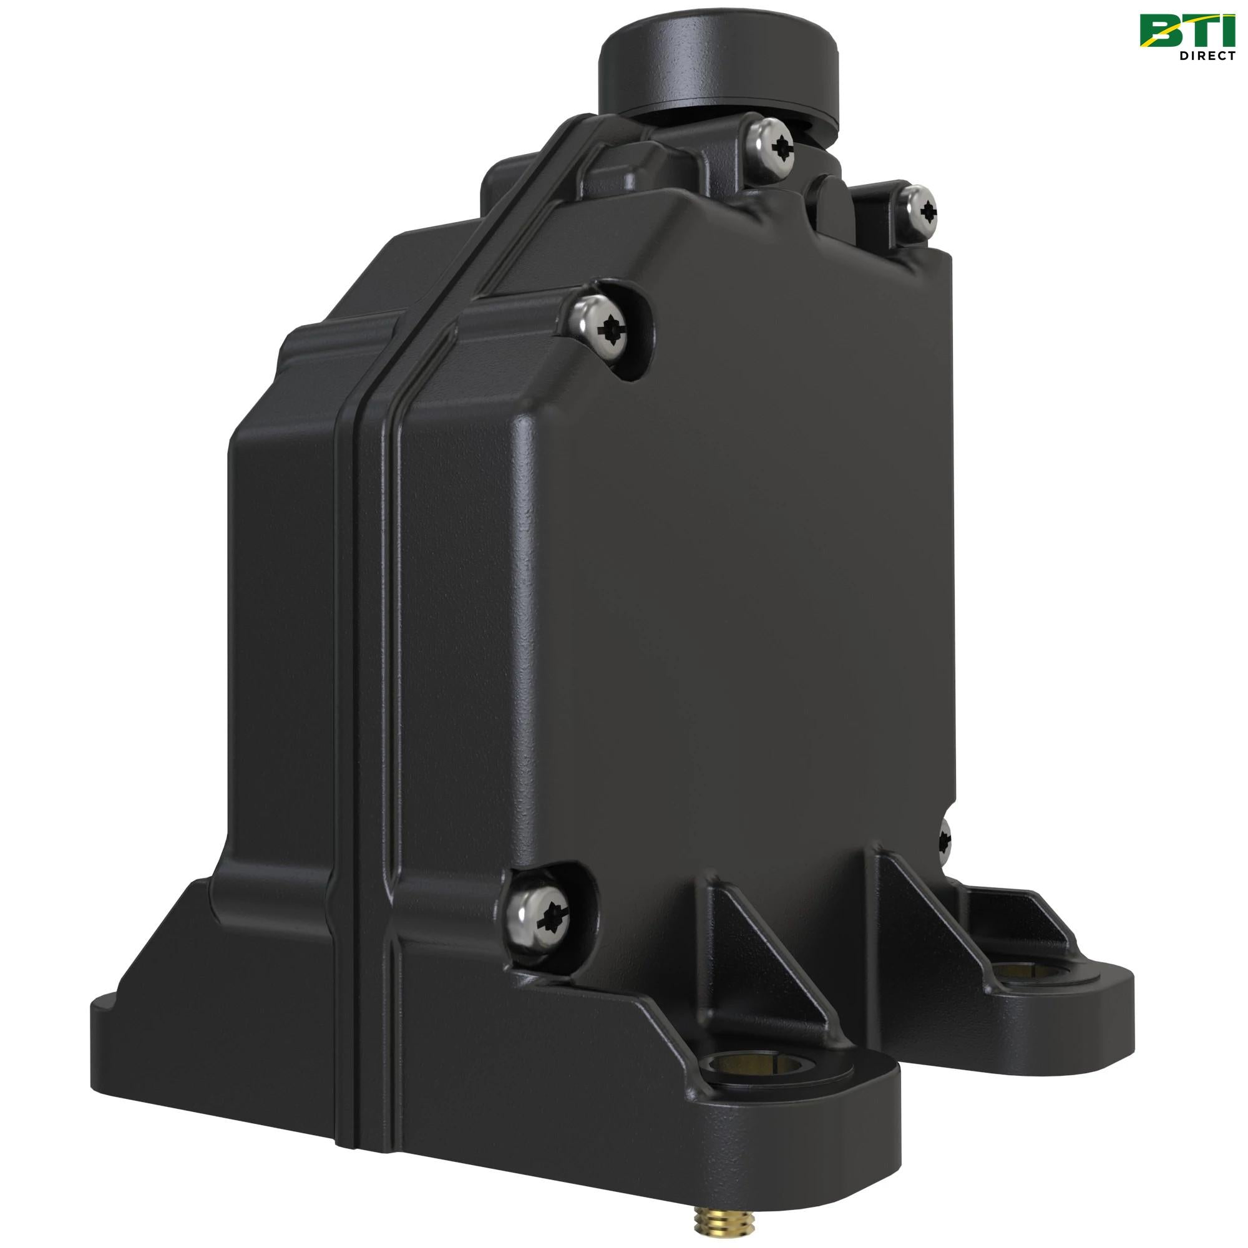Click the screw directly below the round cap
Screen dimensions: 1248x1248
[x=776, y=148]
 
